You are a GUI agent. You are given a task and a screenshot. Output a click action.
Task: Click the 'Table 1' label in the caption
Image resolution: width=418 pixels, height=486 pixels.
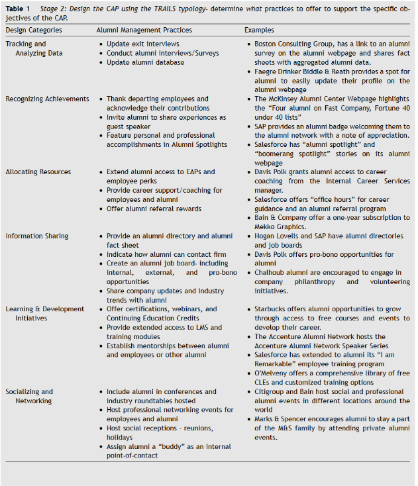pyautogui.click(x=19, y=8)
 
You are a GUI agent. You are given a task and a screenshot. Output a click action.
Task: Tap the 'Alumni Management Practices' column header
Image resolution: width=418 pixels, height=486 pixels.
pyautogui.click(x=144, y=30)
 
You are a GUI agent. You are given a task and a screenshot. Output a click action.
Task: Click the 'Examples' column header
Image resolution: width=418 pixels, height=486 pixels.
pyautogui.click(x=259, y=30)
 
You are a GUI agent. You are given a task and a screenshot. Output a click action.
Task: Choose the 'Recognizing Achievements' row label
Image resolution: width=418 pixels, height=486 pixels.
pyautogui.click(x=47, y=99)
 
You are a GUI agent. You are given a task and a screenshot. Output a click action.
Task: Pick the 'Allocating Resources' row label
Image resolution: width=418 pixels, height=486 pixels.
pyautogui.click(x=38, y=171)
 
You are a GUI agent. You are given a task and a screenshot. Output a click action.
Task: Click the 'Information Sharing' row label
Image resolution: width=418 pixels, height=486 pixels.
pyautogui.click(x=37, y=236)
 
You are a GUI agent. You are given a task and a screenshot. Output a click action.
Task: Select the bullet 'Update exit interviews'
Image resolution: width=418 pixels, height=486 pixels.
pyautogui.click(x=142, y=44)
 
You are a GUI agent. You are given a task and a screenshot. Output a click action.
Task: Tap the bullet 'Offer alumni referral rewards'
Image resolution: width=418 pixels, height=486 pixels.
pyautogui.click(x=154, y=209)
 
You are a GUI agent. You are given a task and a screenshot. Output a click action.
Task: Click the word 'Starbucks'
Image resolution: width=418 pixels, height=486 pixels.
pyautogui.click(x=271, y=309)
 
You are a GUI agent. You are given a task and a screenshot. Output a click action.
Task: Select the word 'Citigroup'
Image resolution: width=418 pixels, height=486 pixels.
pyautogui.click(x=270, y=391)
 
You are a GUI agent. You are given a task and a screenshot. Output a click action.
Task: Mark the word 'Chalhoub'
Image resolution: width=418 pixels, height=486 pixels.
pyautogui.click(x=271, y=272)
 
